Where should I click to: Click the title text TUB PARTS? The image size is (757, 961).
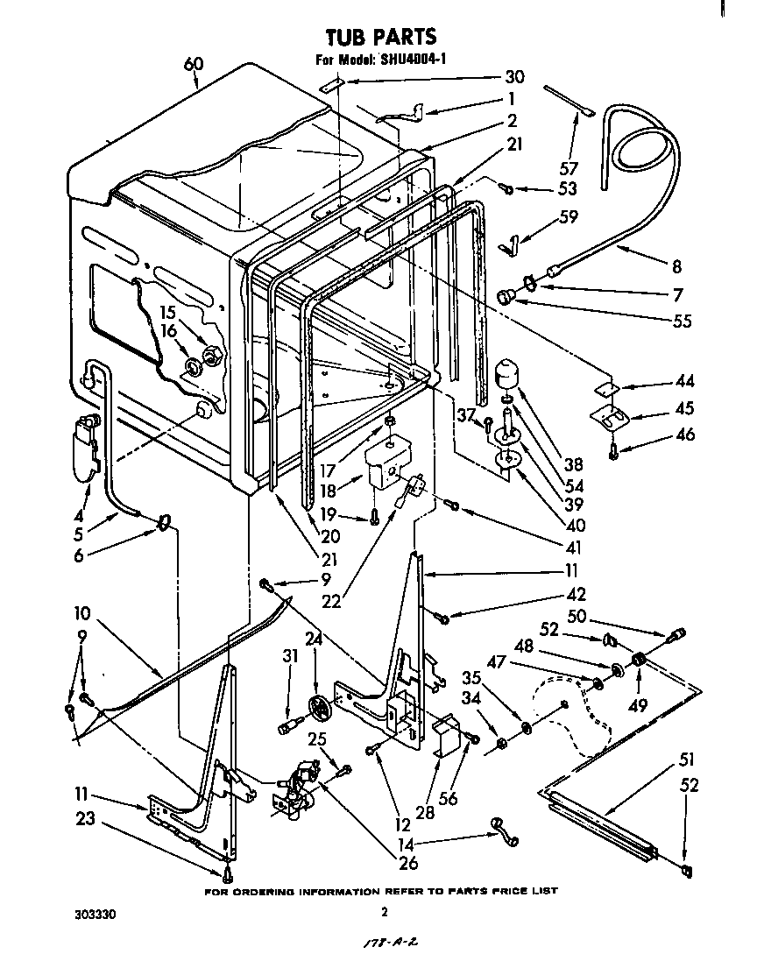point(380,37)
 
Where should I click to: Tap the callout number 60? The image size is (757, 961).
point(193,63)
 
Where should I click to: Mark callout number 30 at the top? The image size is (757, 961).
point(514,77)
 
